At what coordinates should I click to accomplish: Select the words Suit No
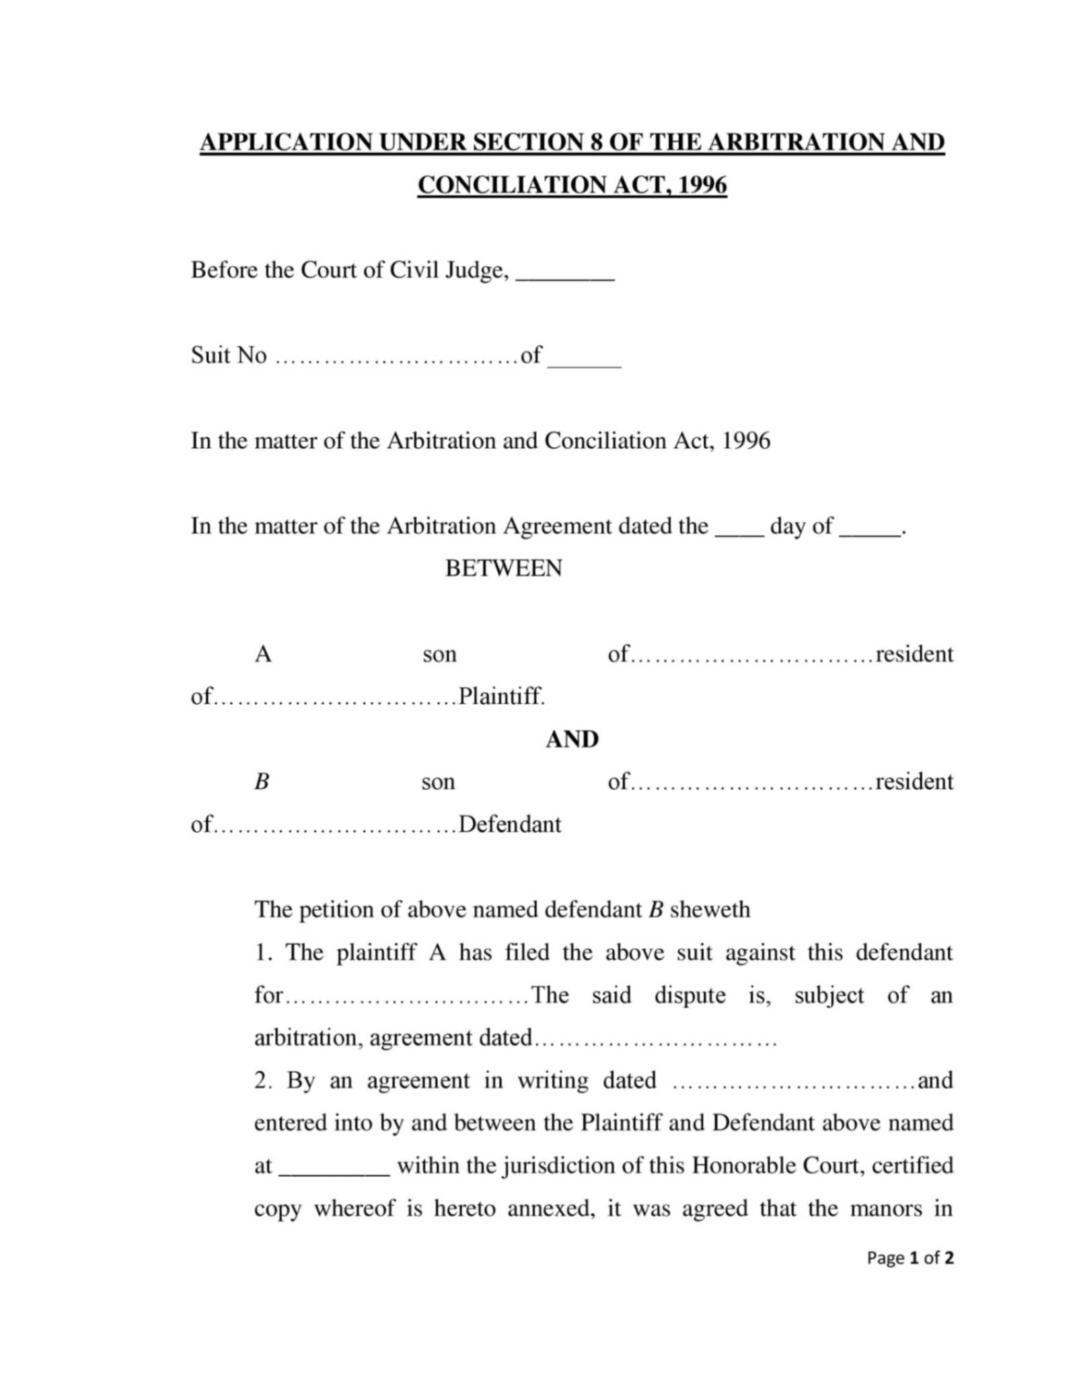coord(229,355)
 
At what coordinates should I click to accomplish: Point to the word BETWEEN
coord(503,568)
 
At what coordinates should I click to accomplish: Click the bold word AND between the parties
coord(572,739)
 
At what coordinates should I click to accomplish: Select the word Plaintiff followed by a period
coord(501,696)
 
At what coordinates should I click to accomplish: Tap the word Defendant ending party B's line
coord(509,824)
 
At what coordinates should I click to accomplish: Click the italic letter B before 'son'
coord(262,781)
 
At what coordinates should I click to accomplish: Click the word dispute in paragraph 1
coord(690,995)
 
